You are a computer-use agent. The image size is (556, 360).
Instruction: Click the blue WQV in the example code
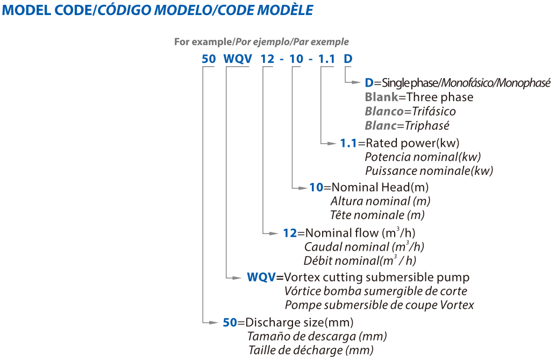click(x=238, y=59)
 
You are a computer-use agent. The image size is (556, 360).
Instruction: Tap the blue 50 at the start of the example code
click(x=209, y=59)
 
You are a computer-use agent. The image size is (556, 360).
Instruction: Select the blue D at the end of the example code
click(x=348, y=59)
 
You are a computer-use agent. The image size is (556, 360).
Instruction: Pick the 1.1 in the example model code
click(x=326, y=59)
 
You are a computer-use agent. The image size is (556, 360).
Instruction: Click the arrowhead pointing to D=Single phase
click(x=356, y=82)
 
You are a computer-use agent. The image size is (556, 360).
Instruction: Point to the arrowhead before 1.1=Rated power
click(x=332, y=144)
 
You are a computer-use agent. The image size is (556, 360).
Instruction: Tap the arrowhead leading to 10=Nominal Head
click(x=303, y=188)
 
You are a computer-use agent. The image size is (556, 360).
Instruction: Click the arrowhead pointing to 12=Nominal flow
click(x=273, y=233)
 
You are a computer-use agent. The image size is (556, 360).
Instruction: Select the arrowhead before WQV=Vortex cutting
click(x=237, y=278)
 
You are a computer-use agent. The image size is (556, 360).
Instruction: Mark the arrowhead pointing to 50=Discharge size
click(x=213, y=323)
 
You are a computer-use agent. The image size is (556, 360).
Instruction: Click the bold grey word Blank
click(x=382, y=97)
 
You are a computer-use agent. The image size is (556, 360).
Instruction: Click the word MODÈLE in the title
click(x=286, y=10)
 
